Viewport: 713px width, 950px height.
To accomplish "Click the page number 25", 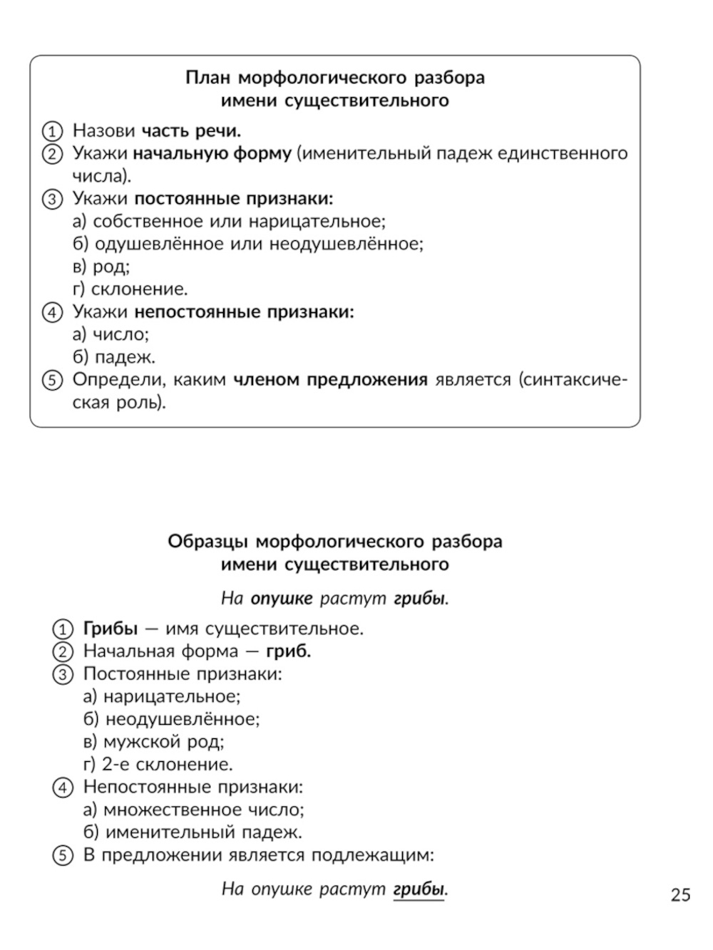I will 680,895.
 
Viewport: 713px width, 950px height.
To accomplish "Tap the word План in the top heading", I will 207,77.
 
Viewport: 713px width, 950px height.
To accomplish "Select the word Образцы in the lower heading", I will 207,542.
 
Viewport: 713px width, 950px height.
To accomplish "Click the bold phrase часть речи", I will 191,131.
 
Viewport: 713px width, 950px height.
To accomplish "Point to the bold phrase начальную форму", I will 212,154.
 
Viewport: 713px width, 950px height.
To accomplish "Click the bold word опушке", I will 282,599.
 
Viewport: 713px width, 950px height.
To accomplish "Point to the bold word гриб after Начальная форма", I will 288,651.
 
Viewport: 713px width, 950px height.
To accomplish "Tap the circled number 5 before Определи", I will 52,381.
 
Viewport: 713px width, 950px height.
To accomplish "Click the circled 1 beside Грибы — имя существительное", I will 63,629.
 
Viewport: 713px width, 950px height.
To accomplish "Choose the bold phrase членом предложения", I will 330,380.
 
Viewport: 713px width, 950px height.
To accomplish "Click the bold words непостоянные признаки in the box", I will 244,312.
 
